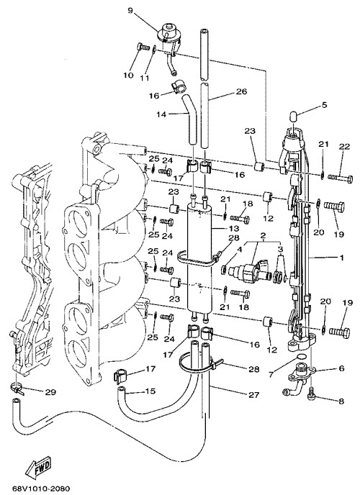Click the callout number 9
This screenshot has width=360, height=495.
click(131, 10)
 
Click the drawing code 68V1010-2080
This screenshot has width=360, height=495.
click(41, 489)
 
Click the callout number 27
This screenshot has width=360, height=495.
click(254, 394)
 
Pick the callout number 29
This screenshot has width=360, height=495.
click(50, 392)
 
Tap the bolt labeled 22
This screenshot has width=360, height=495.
click(341, 178)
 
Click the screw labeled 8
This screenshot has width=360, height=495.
click(311, 394)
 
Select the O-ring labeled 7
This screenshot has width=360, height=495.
click(301, 357)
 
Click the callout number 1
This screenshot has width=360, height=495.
click(341, 258)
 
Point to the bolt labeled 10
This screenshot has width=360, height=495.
click(143, 47)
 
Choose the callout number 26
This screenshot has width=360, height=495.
click(242, 91)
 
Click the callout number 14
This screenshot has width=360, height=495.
click(161, 114)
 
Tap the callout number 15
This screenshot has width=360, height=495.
click(150, 391)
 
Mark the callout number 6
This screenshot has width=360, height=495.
click(341, 368)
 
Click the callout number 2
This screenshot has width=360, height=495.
click(263, 235)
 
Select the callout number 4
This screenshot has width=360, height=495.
click(239, 249)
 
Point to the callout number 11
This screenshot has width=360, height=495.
click(145, 78)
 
